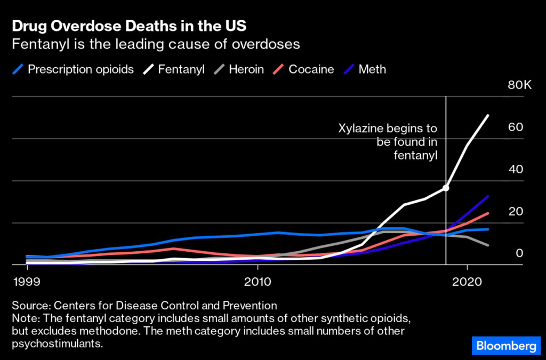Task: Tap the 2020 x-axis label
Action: (467, 281)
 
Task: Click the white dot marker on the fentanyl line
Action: (446, 188)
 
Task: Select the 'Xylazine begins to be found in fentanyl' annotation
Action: (388, 142)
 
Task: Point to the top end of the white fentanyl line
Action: (488, 115)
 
